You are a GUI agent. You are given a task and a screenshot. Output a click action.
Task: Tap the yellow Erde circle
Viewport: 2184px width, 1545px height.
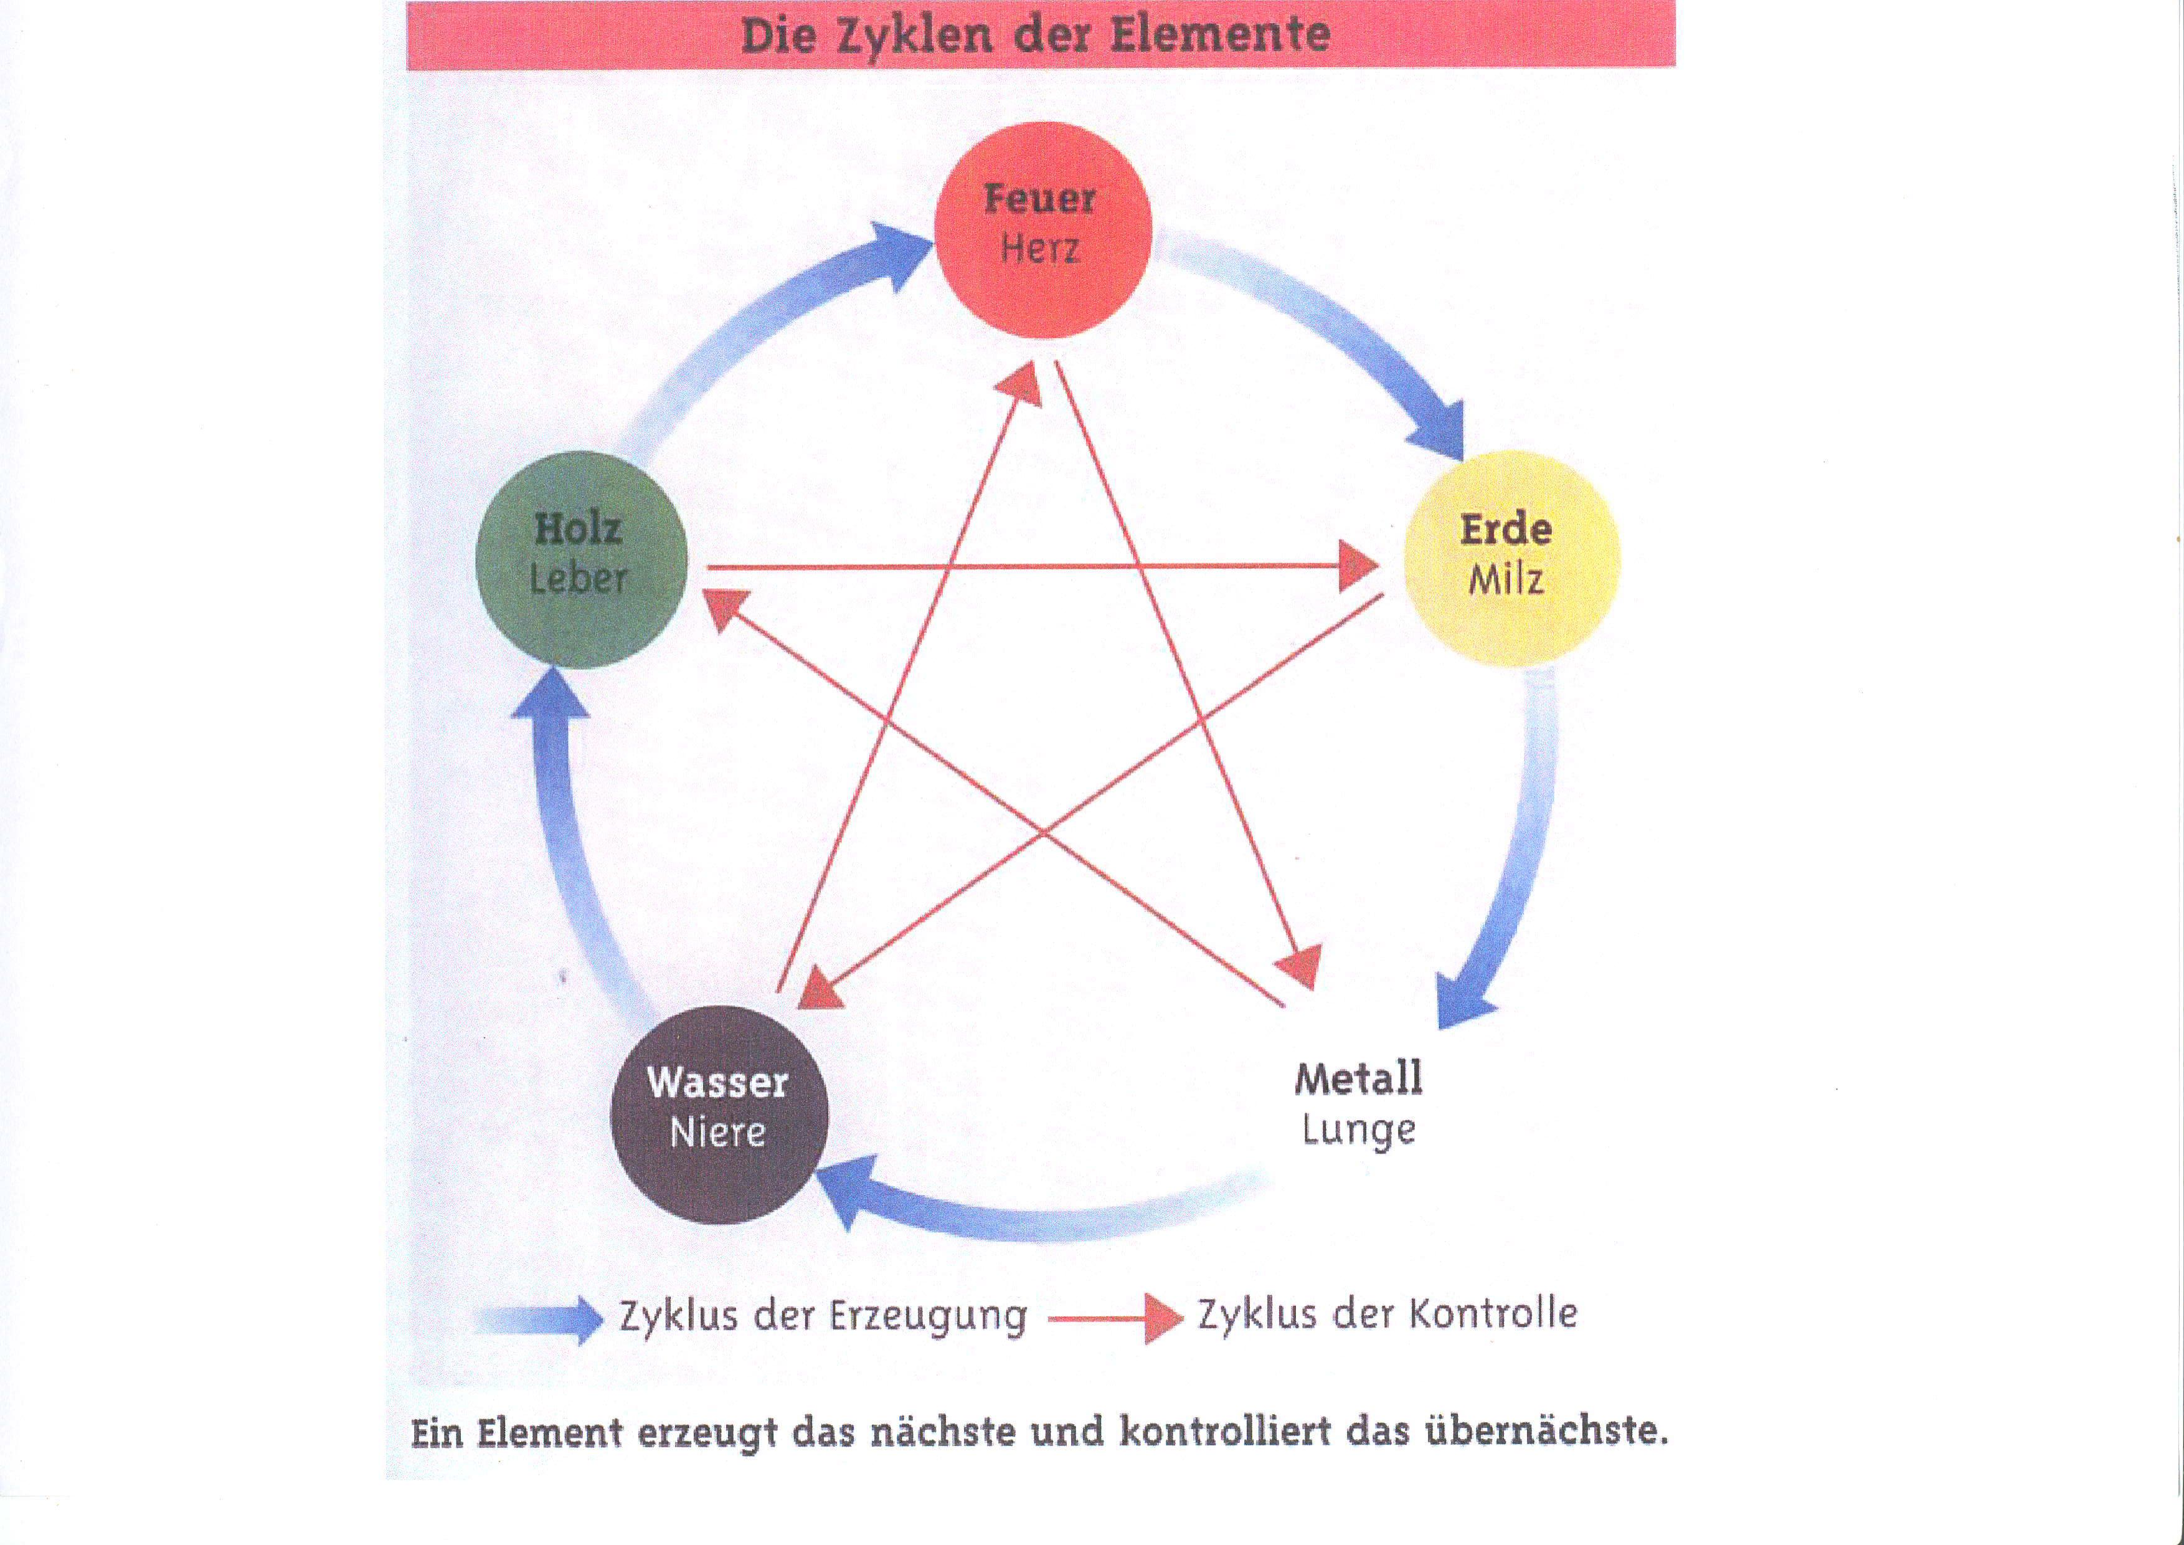point(1511,558)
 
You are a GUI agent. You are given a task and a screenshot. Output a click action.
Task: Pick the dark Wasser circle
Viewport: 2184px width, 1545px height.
point(718,1113)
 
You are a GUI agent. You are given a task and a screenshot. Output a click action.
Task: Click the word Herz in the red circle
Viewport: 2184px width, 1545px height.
point(1039,249)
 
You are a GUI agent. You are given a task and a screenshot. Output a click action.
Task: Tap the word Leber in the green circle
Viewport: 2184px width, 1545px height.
point(579,578)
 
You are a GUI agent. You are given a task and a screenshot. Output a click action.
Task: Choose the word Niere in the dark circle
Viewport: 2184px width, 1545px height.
point(717,1132)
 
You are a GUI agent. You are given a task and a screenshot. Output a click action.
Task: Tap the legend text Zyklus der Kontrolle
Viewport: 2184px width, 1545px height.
point(1387,1314)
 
